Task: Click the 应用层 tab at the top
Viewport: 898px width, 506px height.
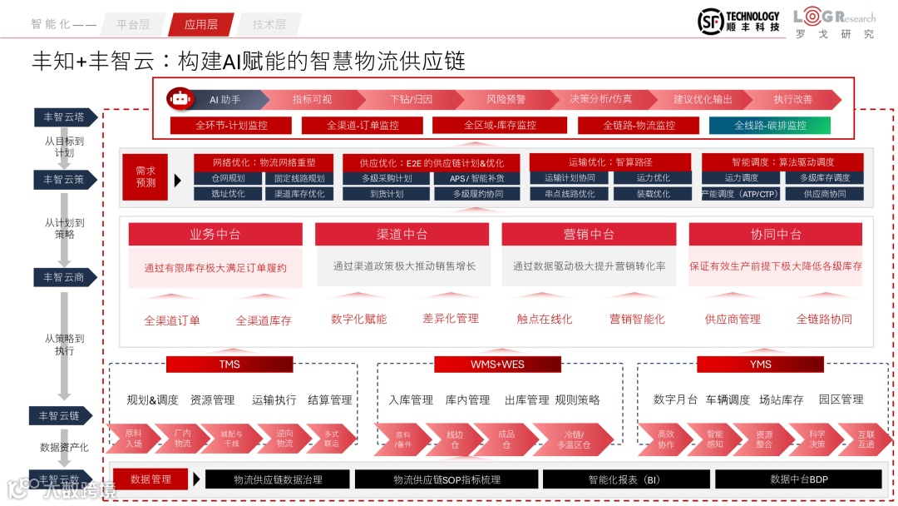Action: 200,24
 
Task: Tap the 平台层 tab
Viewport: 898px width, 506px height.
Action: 133,24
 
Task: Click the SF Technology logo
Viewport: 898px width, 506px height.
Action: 738,22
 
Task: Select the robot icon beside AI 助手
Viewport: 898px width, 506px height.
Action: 180,99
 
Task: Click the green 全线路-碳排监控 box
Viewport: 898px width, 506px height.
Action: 770,126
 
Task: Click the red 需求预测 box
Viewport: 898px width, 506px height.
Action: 146,177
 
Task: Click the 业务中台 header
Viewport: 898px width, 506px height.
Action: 215,235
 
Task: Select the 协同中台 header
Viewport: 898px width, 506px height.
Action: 775,235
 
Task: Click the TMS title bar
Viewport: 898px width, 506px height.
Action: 229,365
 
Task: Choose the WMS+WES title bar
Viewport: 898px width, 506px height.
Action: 497,365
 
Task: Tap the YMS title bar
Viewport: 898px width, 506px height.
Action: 760,365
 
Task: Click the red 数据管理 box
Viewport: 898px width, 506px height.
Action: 150,479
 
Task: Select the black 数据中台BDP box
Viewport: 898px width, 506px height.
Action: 798,479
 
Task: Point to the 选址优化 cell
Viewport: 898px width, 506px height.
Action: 227,194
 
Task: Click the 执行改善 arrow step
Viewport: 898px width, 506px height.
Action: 793,99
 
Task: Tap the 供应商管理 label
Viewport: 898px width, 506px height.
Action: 733,319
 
